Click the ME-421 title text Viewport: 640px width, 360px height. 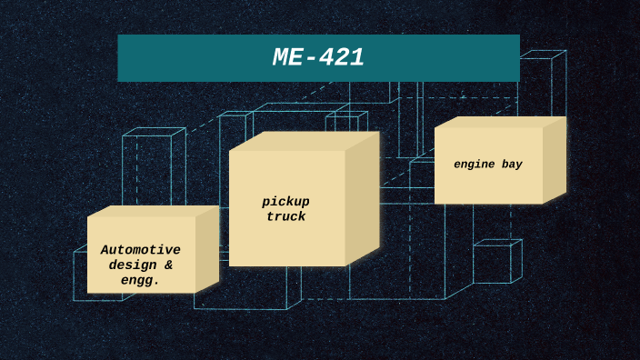[318, 58]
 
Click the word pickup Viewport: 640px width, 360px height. [286, 201]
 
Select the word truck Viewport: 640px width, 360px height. [286, 216]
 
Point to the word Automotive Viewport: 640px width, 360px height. [141, 249]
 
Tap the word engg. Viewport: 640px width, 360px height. [140, 280]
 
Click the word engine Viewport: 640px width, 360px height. [475, 165]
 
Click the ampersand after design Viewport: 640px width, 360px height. [168, 265]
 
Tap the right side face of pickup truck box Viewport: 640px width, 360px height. [362, 199]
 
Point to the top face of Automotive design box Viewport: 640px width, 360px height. [153, 211]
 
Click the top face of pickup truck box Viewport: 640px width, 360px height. [304, 141]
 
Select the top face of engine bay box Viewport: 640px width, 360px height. [499, 122]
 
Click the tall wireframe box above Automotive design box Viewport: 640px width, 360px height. [153, 168]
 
